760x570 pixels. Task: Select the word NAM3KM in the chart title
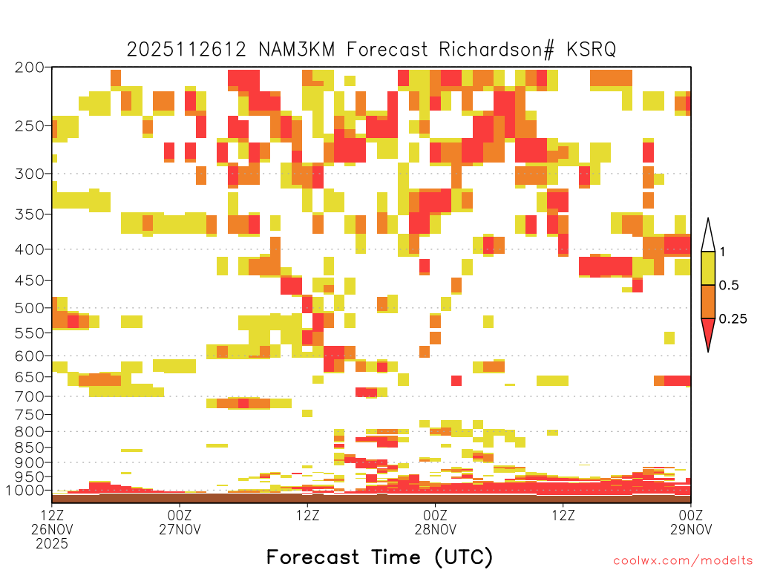(297, 50)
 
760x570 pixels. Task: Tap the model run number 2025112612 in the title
(186, 50)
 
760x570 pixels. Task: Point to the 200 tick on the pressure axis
(30, 68)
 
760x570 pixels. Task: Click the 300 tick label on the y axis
(30, 174)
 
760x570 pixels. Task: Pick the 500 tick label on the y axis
(30, 308)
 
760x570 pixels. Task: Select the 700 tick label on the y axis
(30, 396)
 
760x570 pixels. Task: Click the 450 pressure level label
(30, 280)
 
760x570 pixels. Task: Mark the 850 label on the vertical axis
(30, 448)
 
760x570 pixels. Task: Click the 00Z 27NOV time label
(180, 522)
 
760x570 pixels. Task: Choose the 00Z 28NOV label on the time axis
(435, 522)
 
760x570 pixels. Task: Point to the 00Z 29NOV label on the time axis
(691, 522)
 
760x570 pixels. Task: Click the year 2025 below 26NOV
(52, 544)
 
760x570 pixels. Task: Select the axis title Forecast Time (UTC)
(379, 557)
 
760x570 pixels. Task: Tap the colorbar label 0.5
(729, 285)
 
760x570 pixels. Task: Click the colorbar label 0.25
(733, 318)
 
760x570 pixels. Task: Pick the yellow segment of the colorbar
(708, 268)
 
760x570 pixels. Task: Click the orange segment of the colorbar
(708, 301)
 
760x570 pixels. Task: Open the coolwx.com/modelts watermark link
(683, 561)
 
